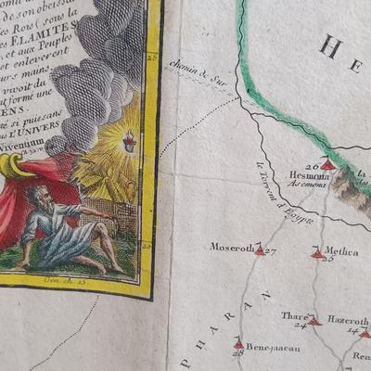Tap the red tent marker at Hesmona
326,165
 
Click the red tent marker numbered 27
260,249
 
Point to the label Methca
342,250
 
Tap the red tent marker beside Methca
317,252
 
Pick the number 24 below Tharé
301,325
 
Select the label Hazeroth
348,320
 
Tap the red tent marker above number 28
239,344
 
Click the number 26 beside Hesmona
312,165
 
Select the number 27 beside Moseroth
270,250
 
